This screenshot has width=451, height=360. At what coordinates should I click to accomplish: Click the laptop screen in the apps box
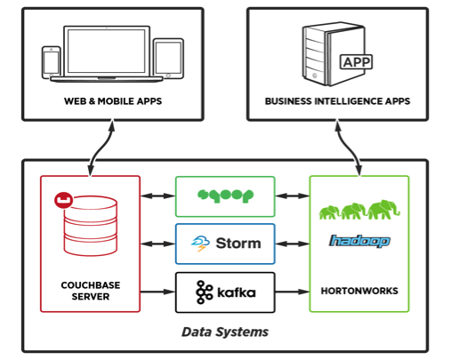pos(107,51)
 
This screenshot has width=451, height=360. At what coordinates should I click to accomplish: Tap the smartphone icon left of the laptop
pos(52,62)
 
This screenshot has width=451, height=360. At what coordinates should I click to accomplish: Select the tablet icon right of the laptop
pos(168,59)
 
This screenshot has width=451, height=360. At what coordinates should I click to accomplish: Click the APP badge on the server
pos(356,62)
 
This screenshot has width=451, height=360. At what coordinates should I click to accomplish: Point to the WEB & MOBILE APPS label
pos(113,101)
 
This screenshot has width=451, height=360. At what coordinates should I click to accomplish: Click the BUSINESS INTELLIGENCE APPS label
pos(337,101)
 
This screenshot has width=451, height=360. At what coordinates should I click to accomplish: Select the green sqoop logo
pos(225,196)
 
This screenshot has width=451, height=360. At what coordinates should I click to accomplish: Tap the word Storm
pos(238,244)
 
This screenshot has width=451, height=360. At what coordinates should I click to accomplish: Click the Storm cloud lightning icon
pos(200,244)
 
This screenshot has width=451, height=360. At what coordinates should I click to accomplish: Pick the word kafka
pos(237,292)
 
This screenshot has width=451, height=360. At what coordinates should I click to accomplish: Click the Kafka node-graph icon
pos(205,292)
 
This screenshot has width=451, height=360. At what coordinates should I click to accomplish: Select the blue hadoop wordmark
pos(359,241)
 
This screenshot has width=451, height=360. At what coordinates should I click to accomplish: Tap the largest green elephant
pos(383,209)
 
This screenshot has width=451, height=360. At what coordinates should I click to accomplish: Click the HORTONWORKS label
pos(359,291)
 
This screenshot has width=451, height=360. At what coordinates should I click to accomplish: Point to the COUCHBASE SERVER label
pos(91,291)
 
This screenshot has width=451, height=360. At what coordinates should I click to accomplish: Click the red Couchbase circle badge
pos(63,200)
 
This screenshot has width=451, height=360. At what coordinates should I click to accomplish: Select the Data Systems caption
pos(225,332)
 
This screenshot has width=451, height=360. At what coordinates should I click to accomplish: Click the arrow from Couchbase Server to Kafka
pos(157,292)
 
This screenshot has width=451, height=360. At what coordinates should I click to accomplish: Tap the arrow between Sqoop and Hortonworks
pos(293,196)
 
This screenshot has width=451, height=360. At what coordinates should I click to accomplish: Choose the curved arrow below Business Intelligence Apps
pos(349,148)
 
